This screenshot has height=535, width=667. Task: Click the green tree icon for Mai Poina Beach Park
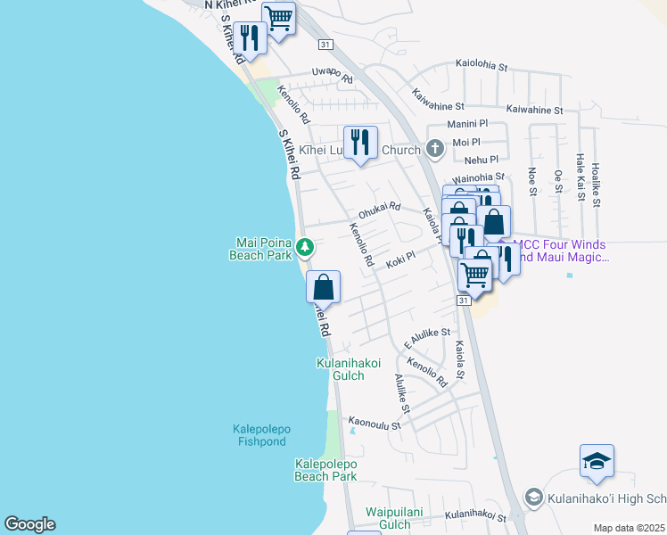coord(305,246)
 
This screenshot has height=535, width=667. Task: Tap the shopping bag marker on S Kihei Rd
coord(324,287)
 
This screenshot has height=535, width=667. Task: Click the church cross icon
coord(434,149)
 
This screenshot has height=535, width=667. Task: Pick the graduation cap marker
coord(597,461)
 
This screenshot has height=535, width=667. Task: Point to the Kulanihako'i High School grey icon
coord(533,497)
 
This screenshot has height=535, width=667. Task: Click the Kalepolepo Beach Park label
coord(325,470)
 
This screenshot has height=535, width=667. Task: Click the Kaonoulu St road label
coord(375,424)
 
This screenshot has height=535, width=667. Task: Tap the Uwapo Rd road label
coord(332,74)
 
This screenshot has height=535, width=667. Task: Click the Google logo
coord(29,524)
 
